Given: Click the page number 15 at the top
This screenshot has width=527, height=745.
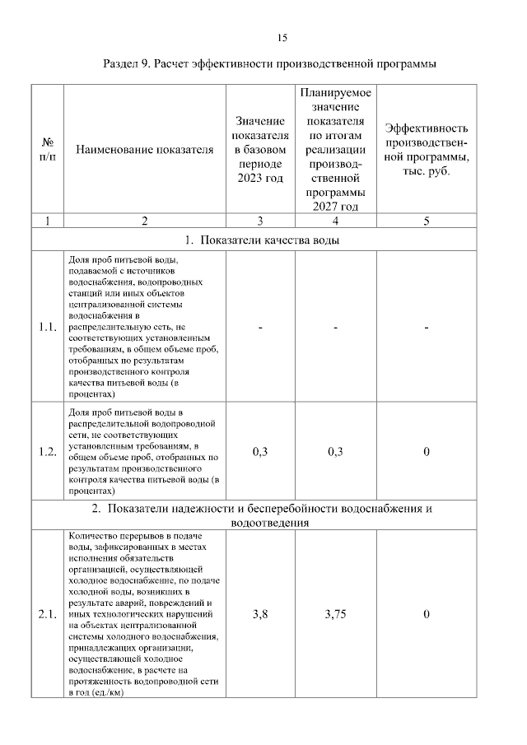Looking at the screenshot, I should [x=282, y=38].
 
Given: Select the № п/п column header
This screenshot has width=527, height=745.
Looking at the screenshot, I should [x=47, y=149].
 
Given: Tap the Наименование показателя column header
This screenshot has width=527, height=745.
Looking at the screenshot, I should [x=144, y=150].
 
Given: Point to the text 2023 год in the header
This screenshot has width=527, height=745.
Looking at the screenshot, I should [x=260, y=178].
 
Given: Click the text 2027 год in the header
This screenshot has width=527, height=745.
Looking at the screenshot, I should [x=336, y=206].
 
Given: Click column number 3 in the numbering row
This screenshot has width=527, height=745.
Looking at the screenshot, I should [x=260, y=221].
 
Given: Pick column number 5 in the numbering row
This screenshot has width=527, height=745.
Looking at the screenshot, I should [x=427, y=221].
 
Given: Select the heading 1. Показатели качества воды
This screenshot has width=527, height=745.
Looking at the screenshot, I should [x=263, y=240].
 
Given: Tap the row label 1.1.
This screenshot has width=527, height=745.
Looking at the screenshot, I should [x=47, y=328].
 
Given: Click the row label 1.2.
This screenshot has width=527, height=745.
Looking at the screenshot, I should [x=47, y=450].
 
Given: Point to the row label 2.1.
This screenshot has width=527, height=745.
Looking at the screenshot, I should [x=47, y=614].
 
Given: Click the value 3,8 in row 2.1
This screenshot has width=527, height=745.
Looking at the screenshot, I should [x=260, y=614].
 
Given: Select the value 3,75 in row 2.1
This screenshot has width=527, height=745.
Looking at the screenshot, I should [x=336, y=614].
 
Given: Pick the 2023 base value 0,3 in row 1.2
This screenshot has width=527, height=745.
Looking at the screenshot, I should [x=260, y=450].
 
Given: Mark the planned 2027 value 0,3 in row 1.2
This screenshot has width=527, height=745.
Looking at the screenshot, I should [x=336, y=450].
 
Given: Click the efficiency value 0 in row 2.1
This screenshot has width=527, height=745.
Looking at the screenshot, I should [x=427, y=614].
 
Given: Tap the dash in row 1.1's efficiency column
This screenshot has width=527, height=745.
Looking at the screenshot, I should [x=427, y=328].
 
